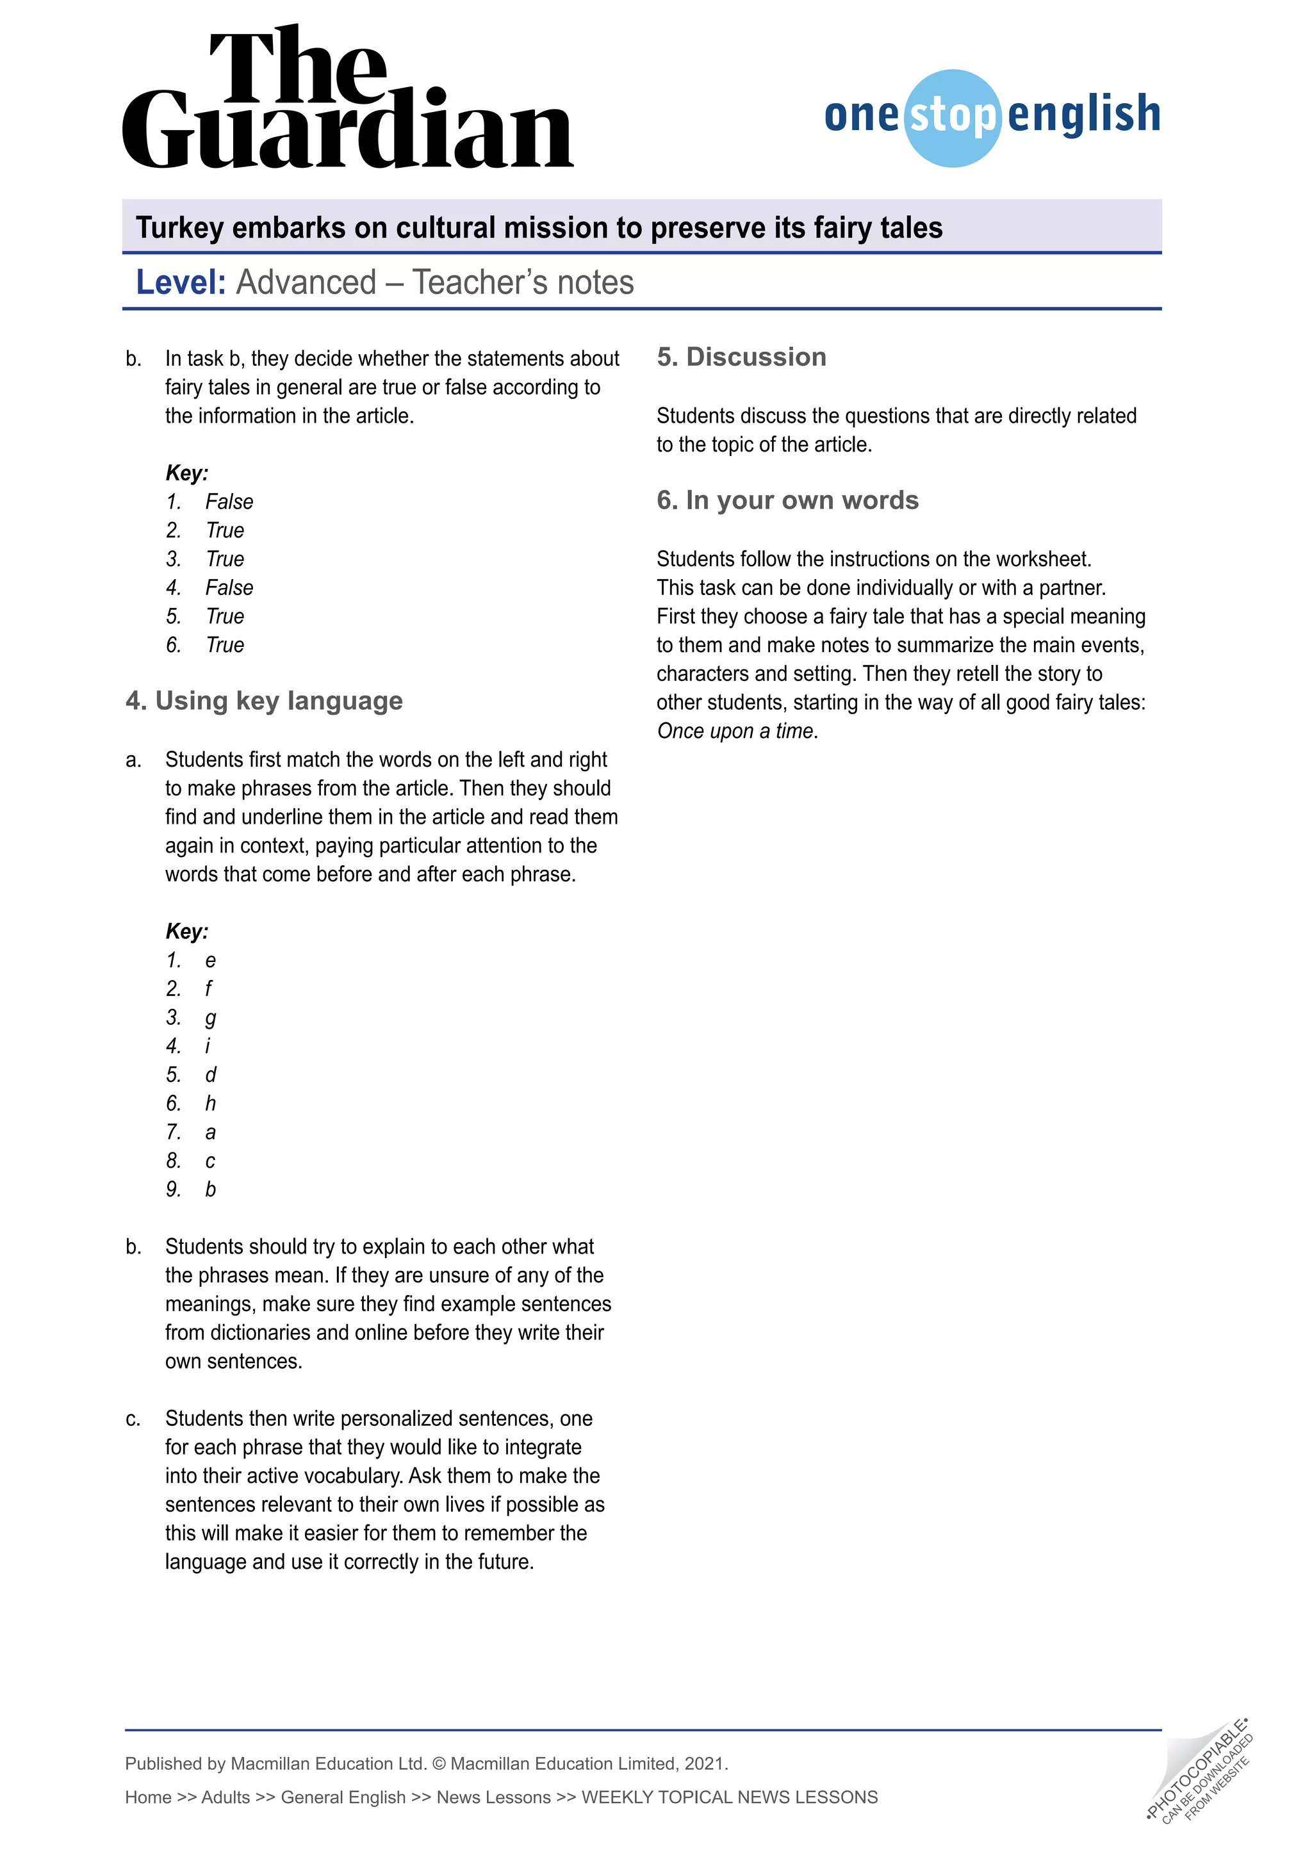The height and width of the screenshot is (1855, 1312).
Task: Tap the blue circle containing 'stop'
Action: (x=953, y=118)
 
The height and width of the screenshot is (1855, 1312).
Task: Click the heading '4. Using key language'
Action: (x=264, y=701)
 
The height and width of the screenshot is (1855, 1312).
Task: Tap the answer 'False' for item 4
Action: (x=229, y=587)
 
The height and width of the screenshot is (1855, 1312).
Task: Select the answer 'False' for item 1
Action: (x=229, y=502)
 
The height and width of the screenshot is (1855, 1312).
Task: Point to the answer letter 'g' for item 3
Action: (x=210, y=1018)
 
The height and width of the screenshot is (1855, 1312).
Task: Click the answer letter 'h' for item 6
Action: (x=210, y=1103)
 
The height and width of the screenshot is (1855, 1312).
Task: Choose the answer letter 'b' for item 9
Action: (x=210, y=1189)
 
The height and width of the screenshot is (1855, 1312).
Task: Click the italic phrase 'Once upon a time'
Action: (x=735, y=731)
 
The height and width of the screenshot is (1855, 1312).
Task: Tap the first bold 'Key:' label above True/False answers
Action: (x=186, y=473)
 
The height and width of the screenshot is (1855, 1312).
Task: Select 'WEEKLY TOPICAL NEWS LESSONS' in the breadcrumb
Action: (x=730, y=1797)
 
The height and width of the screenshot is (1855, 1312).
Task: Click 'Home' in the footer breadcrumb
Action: (x=148, y=1797)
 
